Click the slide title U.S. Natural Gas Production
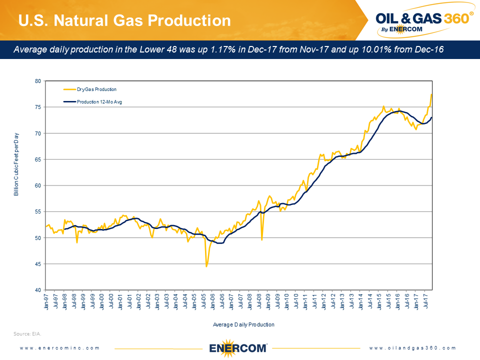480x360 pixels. point(124,20)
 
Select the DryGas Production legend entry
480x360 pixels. point(96,89)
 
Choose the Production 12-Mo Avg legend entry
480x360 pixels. point(99,102)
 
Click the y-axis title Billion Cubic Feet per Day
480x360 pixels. point(16,164)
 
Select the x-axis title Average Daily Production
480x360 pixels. point(243,324)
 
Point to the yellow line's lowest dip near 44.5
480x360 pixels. point(206,266)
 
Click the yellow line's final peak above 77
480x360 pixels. point(431,94)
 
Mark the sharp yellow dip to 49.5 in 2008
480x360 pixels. point(261,240)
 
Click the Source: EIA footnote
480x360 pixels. point(27,333)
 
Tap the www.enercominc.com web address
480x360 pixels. point(60,348)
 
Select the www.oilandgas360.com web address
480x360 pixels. point(413,348)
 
